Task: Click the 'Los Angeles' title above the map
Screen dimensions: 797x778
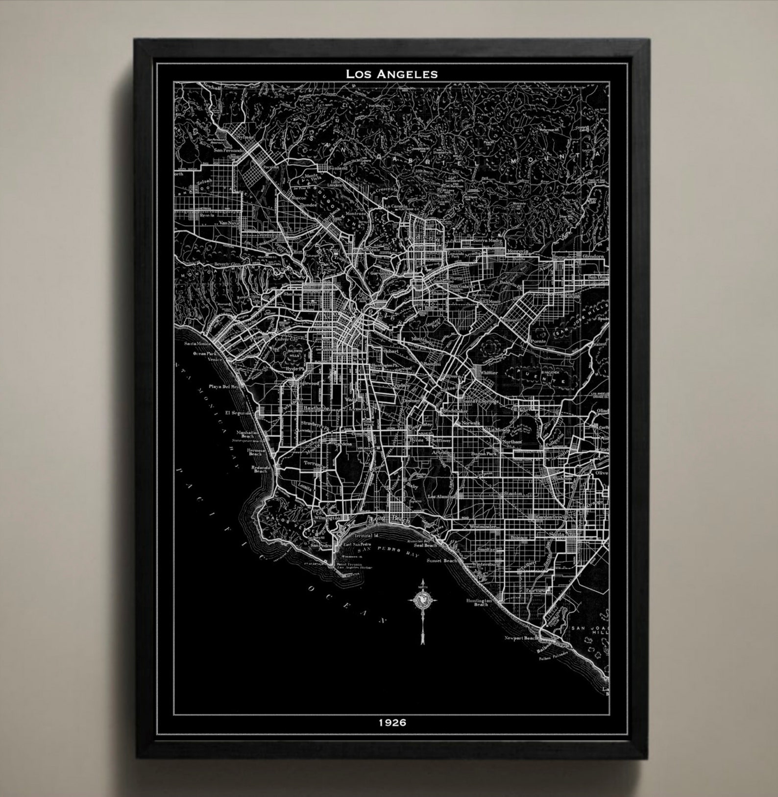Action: click(x=391, y=74)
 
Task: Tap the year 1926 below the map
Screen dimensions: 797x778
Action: click(x=392, y=722)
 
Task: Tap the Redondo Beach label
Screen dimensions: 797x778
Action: click(x=260, y=469)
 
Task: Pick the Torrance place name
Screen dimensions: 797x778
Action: click(x=313, y=463)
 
